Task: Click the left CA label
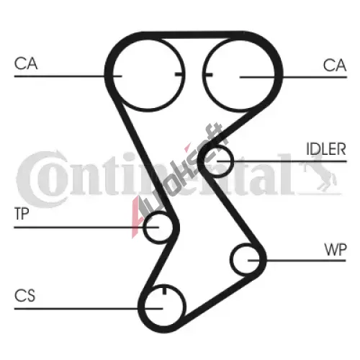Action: pos(26,63)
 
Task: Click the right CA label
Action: pos(335,66)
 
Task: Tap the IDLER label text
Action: pos(326,149)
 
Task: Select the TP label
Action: pos(22,214)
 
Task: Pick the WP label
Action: pos(336,250)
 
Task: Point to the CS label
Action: pos(24,295)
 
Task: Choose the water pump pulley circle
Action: pos(231,260)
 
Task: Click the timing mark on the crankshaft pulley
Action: pos(164,289)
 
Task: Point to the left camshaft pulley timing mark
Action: pos(179,74)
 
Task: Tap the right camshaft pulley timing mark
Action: pos(208,75)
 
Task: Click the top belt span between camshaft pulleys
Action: pos(192,35)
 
